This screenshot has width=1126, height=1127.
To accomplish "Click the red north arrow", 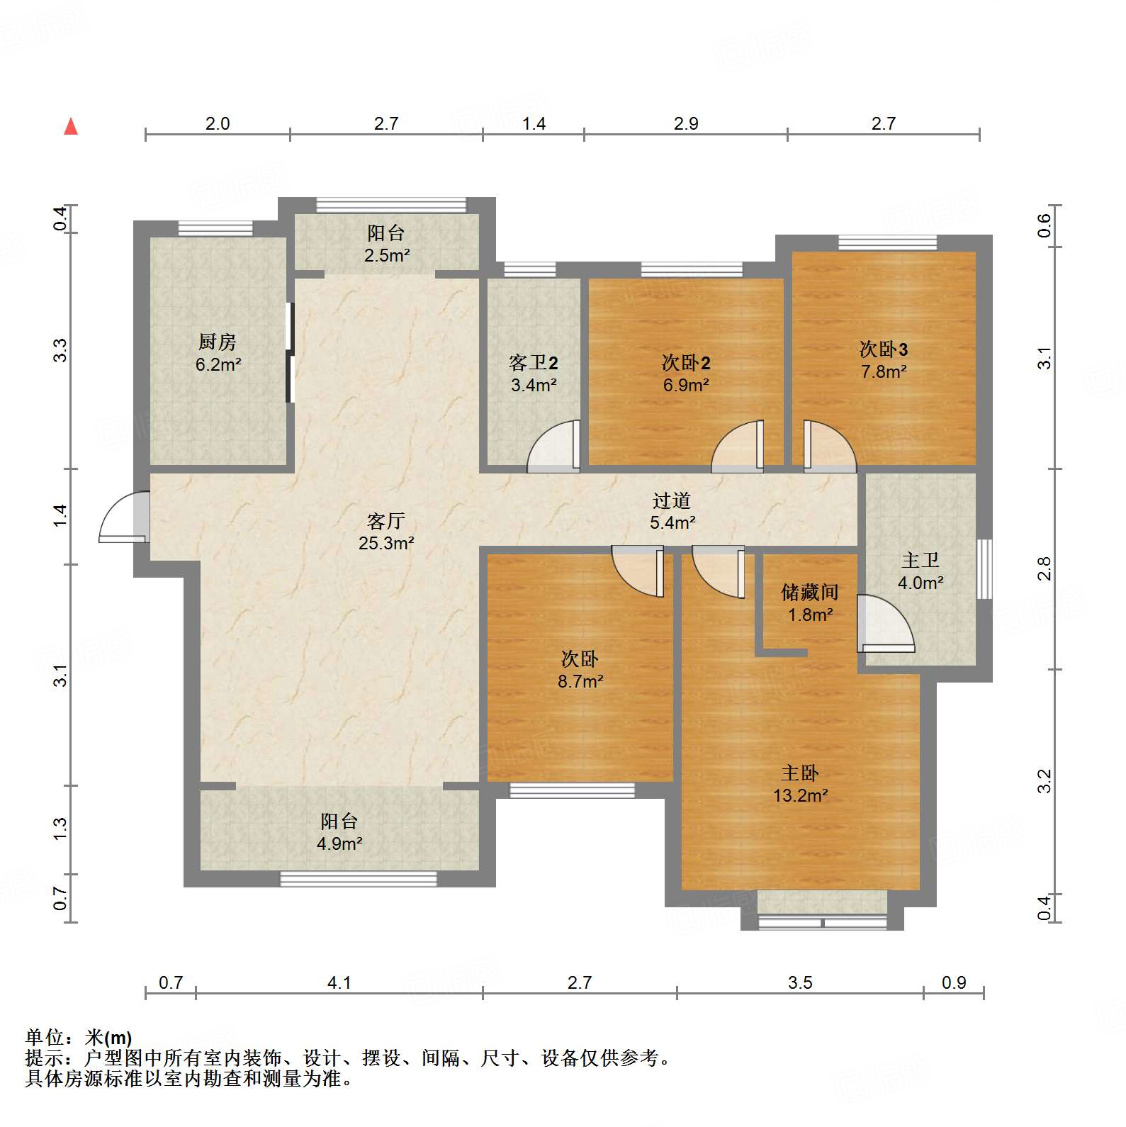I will [71, 126].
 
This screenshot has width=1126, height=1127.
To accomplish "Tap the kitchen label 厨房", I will [217, 342].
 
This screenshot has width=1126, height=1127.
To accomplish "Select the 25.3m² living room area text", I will [386, 544].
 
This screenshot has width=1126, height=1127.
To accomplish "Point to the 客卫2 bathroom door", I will [554, 447].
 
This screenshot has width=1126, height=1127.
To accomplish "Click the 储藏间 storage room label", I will [810, 592].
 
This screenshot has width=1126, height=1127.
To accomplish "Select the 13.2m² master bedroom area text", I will [801, 795].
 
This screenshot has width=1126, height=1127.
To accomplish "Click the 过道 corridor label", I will [671, 500].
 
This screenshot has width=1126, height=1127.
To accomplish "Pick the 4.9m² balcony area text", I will [339, 843].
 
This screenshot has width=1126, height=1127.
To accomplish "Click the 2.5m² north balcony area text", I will [387, 255].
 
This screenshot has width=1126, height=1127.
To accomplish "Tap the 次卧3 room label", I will [883, 349].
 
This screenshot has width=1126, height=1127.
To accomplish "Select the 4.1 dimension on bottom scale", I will [339, 982].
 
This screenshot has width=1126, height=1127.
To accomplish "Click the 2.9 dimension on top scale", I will [686, 123].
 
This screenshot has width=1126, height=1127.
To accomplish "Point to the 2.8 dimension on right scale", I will [1045, 568].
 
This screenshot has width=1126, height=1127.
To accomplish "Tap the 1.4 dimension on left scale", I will [60, 515].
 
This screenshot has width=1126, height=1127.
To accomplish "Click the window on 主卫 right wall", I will [984, 568].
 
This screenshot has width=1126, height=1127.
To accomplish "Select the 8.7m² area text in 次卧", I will [580, 681].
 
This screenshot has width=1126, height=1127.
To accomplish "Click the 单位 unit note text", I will [79, 1038].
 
